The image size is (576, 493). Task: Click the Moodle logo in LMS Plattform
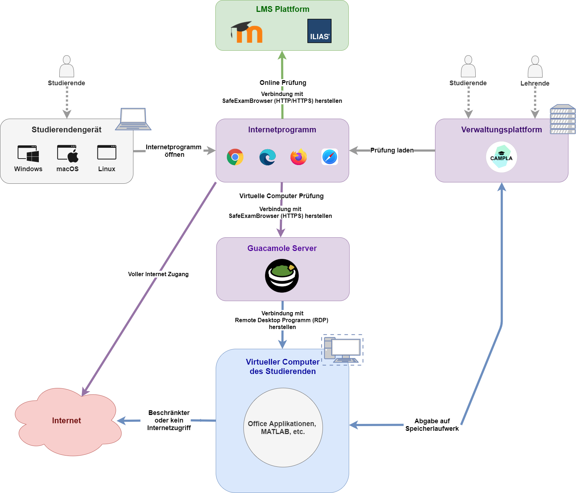(x=247, y=32)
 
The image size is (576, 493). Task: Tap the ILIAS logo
(x=319, y=31)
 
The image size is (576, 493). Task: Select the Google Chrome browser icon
(x=235, y=157)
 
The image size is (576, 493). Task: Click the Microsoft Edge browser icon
(x=268, y=157)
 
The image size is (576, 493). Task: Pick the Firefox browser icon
(x=298, y=157)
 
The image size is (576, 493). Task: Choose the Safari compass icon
(x=330, y=157)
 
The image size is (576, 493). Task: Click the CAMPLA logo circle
(x=502, y=157)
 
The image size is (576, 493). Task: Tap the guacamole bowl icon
(x=282, y=276)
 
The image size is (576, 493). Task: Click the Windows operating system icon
(x=28, y=153)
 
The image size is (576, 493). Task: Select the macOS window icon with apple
(x=68, y=153)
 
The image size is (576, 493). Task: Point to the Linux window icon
(x=107, y=152)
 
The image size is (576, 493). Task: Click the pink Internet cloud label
(x=67, y=421)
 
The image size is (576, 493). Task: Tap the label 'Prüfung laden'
(x=392, y=150)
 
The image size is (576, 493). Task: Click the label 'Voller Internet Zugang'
(x=158, y=274)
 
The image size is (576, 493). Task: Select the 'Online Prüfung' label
(x=283, y=83)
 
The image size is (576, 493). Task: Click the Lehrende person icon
(x=535, y=67)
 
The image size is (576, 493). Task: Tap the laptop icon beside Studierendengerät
(x=133, y=119)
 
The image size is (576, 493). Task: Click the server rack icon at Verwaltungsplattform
(x=563, y=119)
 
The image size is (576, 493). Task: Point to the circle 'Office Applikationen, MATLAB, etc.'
(x=283, y=428)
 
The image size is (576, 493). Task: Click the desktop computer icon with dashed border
(x=342, y=350)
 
